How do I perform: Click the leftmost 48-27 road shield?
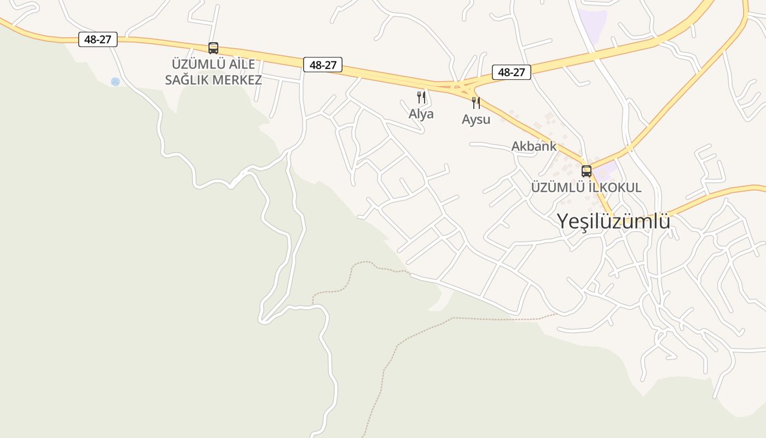pos(98,39)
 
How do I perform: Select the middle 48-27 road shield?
pos(323,65)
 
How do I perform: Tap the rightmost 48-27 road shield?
pos(512,72)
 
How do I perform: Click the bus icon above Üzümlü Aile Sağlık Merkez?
pos(213,48)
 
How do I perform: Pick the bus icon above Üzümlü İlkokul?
pos(587,171)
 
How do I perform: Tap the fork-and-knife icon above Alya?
pos(421,97)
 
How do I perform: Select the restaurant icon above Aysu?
pos(476,103)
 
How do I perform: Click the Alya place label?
pos(421,114)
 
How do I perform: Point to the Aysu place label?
pos(476,119)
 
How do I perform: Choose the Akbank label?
pos(533,146)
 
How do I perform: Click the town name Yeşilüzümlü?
pos(613,221)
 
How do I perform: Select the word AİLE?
pos(238,64)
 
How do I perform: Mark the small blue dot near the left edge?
pos(115,82)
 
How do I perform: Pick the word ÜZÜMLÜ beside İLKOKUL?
pos(558,187)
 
